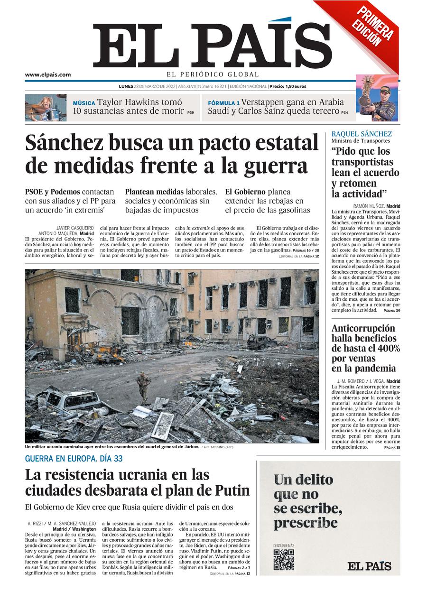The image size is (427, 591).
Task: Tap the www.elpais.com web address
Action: point(48,74)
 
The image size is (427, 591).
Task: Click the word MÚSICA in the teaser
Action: point(84,103)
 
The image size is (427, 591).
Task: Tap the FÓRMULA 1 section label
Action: point(223,103)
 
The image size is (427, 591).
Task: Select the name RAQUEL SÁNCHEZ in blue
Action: point(362,134)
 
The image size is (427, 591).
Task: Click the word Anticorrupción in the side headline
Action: point(363,328)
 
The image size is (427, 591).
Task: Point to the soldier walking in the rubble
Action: point(143,387)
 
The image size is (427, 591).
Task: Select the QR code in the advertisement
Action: point(283,560)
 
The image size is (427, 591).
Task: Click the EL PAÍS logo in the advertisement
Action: point(369,566)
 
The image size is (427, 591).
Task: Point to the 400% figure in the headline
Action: point(388,349)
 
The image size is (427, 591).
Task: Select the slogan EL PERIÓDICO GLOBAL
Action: point(212,74)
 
